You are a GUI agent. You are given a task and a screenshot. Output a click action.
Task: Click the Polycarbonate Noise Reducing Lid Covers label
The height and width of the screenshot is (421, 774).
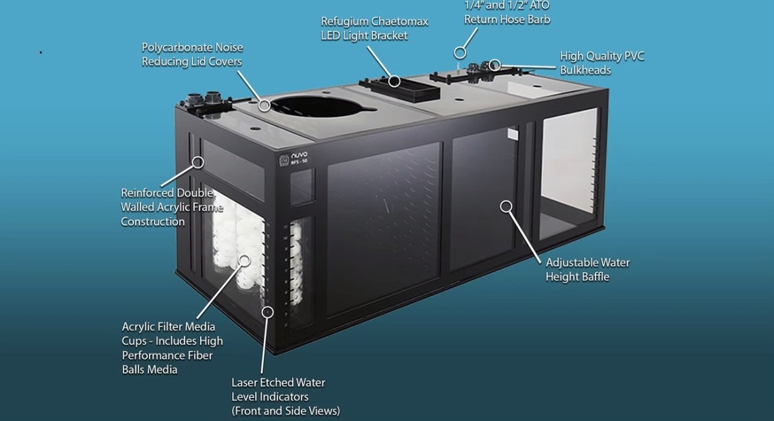point(192,55)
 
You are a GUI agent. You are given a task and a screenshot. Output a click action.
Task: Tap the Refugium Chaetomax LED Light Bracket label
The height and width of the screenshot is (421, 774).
point(375,28)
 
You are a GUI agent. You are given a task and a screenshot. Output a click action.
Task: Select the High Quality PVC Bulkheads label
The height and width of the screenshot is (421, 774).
point(602,63)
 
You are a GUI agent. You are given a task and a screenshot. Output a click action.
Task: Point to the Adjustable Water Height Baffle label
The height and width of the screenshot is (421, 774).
point(588,269)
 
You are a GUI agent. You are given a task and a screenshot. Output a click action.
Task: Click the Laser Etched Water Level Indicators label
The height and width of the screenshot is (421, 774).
point(286,397)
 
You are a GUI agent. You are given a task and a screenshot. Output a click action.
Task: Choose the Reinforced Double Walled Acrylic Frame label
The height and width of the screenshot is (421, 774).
point(172,207)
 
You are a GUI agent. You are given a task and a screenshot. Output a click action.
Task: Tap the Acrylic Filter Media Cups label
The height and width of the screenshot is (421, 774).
point(172,348)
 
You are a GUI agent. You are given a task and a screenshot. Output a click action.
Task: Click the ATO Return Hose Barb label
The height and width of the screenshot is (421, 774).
point(507,13)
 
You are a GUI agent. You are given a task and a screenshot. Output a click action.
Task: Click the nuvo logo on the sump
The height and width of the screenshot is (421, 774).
point(293,159)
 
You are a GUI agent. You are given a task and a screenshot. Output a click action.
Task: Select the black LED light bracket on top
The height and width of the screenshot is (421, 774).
point(399,89)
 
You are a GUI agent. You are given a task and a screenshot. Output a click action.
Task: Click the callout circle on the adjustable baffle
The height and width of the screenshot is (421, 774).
point(506,206)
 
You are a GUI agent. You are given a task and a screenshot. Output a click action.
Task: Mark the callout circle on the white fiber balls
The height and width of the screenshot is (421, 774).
point(244,260)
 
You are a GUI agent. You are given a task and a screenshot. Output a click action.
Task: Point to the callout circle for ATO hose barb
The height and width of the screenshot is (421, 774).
point(460,53)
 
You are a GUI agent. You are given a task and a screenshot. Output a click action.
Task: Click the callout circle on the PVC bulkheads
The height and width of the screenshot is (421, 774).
point(495,64)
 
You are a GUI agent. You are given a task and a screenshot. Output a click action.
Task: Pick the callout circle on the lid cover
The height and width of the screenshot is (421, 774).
point(264,105)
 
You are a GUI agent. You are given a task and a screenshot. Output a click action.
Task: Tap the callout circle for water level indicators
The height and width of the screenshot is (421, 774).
point(267,312)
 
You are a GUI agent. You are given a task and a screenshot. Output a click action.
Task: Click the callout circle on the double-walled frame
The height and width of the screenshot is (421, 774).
point(197,162)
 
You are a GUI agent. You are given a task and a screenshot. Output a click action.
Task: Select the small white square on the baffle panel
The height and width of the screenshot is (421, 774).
point(513,134)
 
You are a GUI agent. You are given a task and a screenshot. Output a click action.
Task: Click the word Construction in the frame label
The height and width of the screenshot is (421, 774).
point(153,221)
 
